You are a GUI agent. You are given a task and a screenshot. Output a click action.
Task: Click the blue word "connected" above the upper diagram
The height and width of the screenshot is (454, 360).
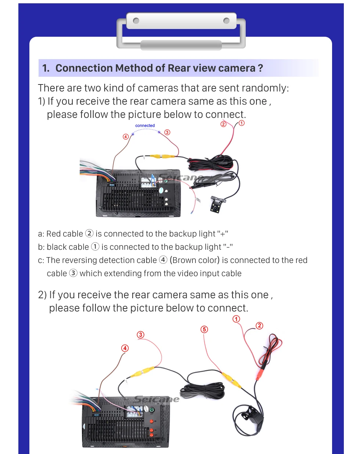145,126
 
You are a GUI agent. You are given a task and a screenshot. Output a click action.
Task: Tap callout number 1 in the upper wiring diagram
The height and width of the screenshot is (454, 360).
241,123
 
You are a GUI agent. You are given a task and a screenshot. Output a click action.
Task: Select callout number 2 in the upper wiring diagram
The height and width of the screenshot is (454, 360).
223,124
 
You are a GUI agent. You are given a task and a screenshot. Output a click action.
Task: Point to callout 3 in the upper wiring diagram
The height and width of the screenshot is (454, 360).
167,132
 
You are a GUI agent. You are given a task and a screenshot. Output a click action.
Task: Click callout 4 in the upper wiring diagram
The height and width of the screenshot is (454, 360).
126,137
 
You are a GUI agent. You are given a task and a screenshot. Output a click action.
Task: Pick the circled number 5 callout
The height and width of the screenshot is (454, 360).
204,329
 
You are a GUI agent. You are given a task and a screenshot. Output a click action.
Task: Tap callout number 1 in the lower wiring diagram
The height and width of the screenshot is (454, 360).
236,319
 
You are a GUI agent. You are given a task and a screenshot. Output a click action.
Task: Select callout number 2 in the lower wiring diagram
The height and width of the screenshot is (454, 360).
259,325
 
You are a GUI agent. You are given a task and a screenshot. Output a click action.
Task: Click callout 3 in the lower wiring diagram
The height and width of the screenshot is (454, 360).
141,335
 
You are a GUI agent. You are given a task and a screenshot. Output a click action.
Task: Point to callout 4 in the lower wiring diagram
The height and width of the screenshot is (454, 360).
125,348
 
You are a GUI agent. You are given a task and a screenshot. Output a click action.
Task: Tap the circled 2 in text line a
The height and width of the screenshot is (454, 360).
89,234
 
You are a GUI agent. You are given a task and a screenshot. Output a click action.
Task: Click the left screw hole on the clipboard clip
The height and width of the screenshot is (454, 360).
136,21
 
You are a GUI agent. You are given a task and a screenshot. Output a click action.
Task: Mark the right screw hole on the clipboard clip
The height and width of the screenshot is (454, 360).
227,21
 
